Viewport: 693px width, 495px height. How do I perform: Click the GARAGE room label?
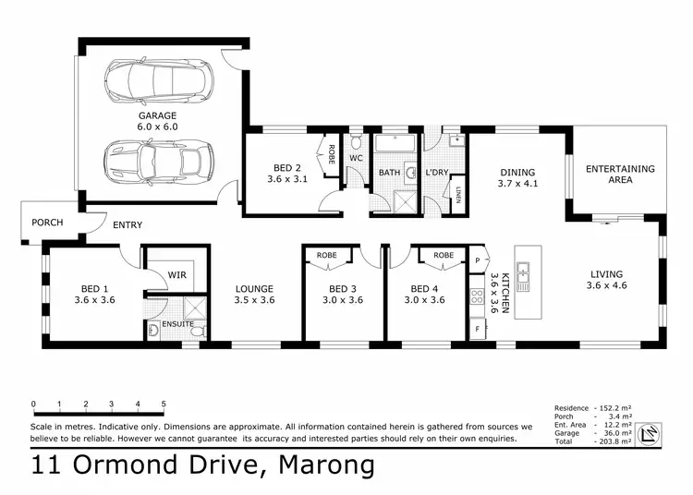(x=158, y=115)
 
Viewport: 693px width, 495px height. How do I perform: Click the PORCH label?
(x=47, y=223)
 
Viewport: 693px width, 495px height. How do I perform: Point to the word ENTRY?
(x=128, y=225)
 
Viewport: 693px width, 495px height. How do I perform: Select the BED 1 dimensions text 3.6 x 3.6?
(x=94, y=300)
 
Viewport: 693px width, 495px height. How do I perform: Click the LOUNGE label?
(x=254, y=288)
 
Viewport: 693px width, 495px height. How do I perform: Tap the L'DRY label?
(x=438, y=173)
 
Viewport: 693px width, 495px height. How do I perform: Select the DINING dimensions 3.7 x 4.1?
(x=518, y=184)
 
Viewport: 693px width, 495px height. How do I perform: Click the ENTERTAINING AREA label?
(x=621, y=175)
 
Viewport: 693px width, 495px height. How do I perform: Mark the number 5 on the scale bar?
(x=164, y=404)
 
